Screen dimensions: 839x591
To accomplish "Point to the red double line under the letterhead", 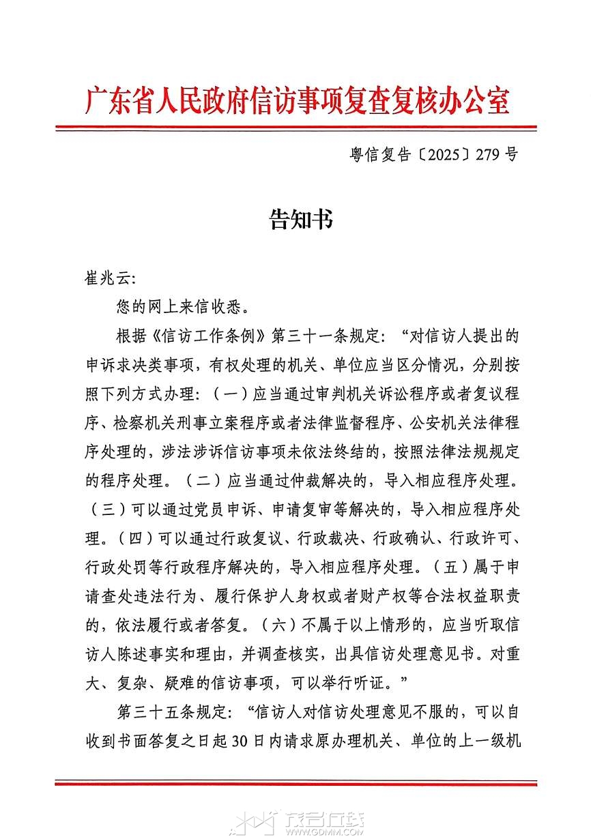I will tap(296, 128).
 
